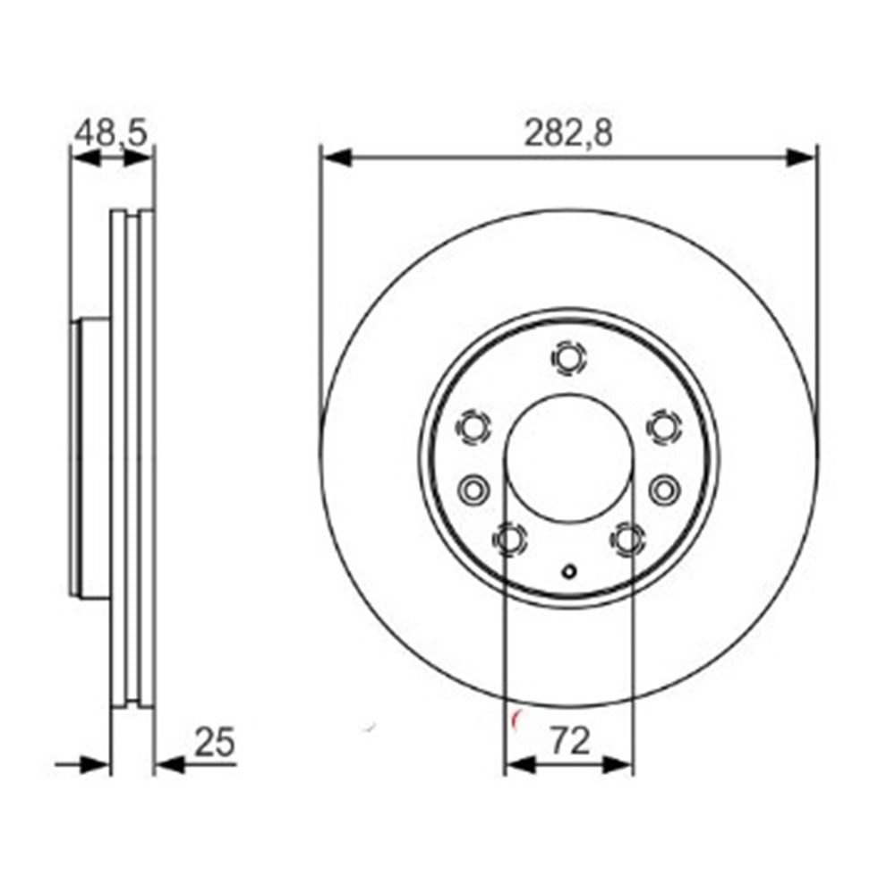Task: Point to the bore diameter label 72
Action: tap(569, 741)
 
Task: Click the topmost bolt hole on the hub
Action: tap(568, 359)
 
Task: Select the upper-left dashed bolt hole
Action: tap(473, 427)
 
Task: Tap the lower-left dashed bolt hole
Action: tap(508, 539)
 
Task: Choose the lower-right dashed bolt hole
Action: tap(627, 539)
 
